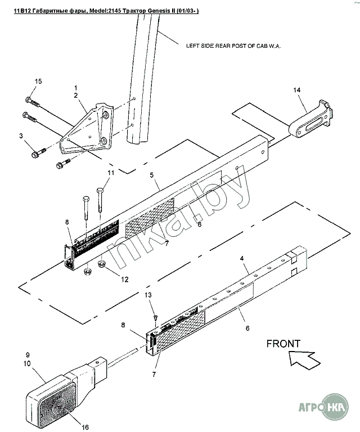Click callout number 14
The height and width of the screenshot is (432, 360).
[296, 89]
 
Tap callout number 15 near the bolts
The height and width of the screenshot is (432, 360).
[38, 82]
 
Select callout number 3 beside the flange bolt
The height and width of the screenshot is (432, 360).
[21, 136]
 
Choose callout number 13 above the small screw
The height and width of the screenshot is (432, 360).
[148, 294]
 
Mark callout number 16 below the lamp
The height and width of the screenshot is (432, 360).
[85, 427]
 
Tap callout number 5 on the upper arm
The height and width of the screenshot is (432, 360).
[152, 175]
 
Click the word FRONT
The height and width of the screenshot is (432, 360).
[283, 343]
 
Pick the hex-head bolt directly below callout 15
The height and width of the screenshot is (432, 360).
[32, 102]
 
